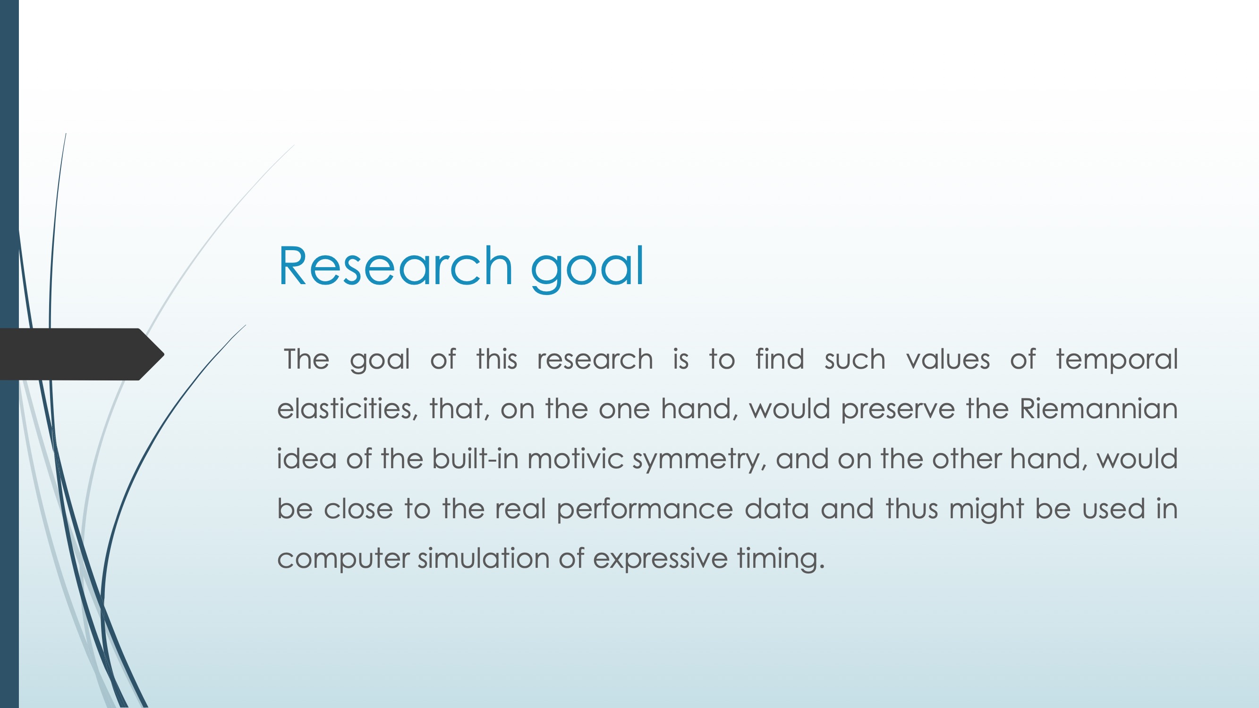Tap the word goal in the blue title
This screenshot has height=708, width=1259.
[587, 269]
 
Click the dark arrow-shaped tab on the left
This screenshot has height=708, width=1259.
[82, 354]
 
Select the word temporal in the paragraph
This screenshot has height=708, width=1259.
[1117, 361]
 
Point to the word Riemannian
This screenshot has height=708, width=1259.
[1099, 408]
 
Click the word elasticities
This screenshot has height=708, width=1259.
[348, 408]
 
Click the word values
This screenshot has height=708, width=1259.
[948, 360]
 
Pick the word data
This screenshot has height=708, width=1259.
[777, 508]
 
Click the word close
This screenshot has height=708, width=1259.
[358, 508]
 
